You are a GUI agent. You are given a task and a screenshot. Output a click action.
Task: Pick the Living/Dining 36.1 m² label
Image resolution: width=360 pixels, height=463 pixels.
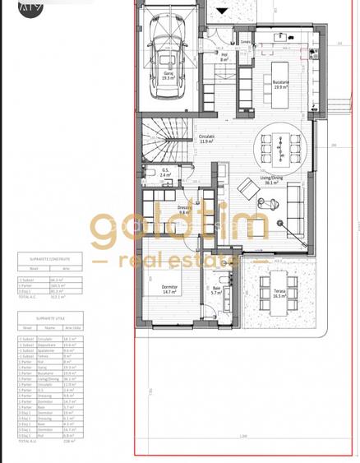(264, 181)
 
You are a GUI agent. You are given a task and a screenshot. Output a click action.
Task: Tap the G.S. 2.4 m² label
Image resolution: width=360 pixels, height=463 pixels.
(164, 174)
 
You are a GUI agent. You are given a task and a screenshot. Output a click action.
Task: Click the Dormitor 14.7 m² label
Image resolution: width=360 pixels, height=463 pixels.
(170, 289)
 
